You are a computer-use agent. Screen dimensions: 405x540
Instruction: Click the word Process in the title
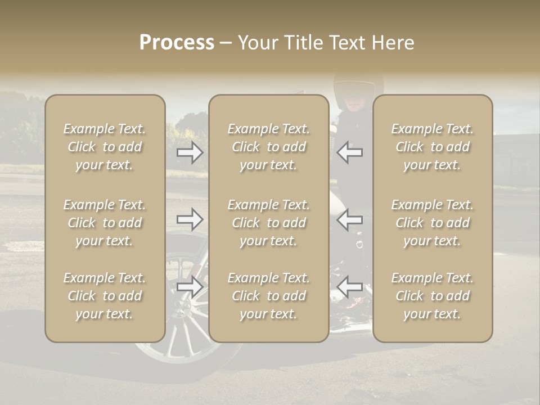tap(177, 43)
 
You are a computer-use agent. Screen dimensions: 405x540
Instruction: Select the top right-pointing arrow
tap(190, 152)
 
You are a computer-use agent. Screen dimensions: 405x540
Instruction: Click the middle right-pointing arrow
tap(190, 219)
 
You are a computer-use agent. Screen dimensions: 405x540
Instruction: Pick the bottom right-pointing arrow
tap(190, 286)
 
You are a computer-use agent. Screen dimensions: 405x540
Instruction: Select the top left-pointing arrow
tap(349, 152)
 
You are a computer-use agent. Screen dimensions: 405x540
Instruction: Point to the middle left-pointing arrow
tap(349, 219)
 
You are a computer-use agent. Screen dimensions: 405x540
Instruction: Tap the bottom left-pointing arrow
tap(349, 286)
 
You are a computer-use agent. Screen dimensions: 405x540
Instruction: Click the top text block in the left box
tap(105, 147)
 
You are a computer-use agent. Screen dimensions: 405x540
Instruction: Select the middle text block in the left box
tap(105, 223)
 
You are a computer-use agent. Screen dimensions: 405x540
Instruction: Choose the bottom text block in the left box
tap(105, 296)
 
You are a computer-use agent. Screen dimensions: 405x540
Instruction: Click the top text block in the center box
tap(268, 147)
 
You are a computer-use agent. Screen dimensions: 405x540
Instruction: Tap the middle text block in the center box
tap(268, 223)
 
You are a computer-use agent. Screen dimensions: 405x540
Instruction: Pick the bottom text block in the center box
tap(268, 296)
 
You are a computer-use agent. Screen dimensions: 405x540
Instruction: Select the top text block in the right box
tap(432, 147)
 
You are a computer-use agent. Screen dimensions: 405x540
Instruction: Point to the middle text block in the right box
tap(432, 223)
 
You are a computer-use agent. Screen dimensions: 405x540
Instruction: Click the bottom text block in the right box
tap(432, 296)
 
